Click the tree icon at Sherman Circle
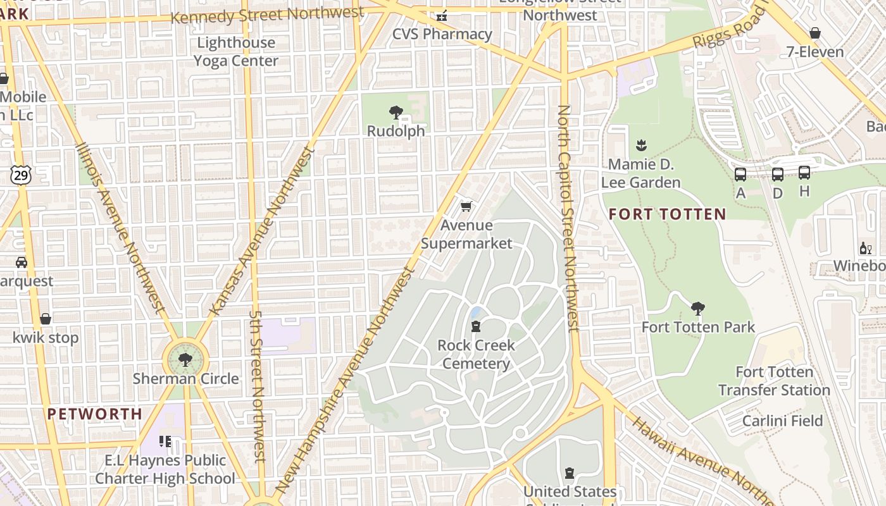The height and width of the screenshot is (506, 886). tap(185, 361)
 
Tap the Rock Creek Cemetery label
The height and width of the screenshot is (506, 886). tap(476, 354)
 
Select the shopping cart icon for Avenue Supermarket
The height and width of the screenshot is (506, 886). tap(466, 206)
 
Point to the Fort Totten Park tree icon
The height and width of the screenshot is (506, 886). tap(698, 309)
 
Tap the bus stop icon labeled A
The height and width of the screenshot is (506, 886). tap(740, 174)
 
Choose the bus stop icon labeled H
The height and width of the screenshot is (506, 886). tap(804, 173)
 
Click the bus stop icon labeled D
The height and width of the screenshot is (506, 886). tap(778, 174)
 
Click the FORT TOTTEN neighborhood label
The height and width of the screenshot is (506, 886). tap(667, 214)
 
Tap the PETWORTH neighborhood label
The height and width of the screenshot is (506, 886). tap(95, 414)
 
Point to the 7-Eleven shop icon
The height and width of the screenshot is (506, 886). tap(815, 33)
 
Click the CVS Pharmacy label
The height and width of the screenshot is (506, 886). tap(442, 34)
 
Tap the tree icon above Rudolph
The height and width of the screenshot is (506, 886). tap(396, 113)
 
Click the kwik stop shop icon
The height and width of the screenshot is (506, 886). tap(46, 319)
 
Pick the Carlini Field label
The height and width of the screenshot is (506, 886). tap(782, 421)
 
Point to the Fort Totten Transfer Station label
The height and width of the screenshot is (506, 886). tap(774, 381)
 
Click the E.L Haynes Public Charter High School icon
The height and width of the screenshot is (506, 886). tap(165, 441)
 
